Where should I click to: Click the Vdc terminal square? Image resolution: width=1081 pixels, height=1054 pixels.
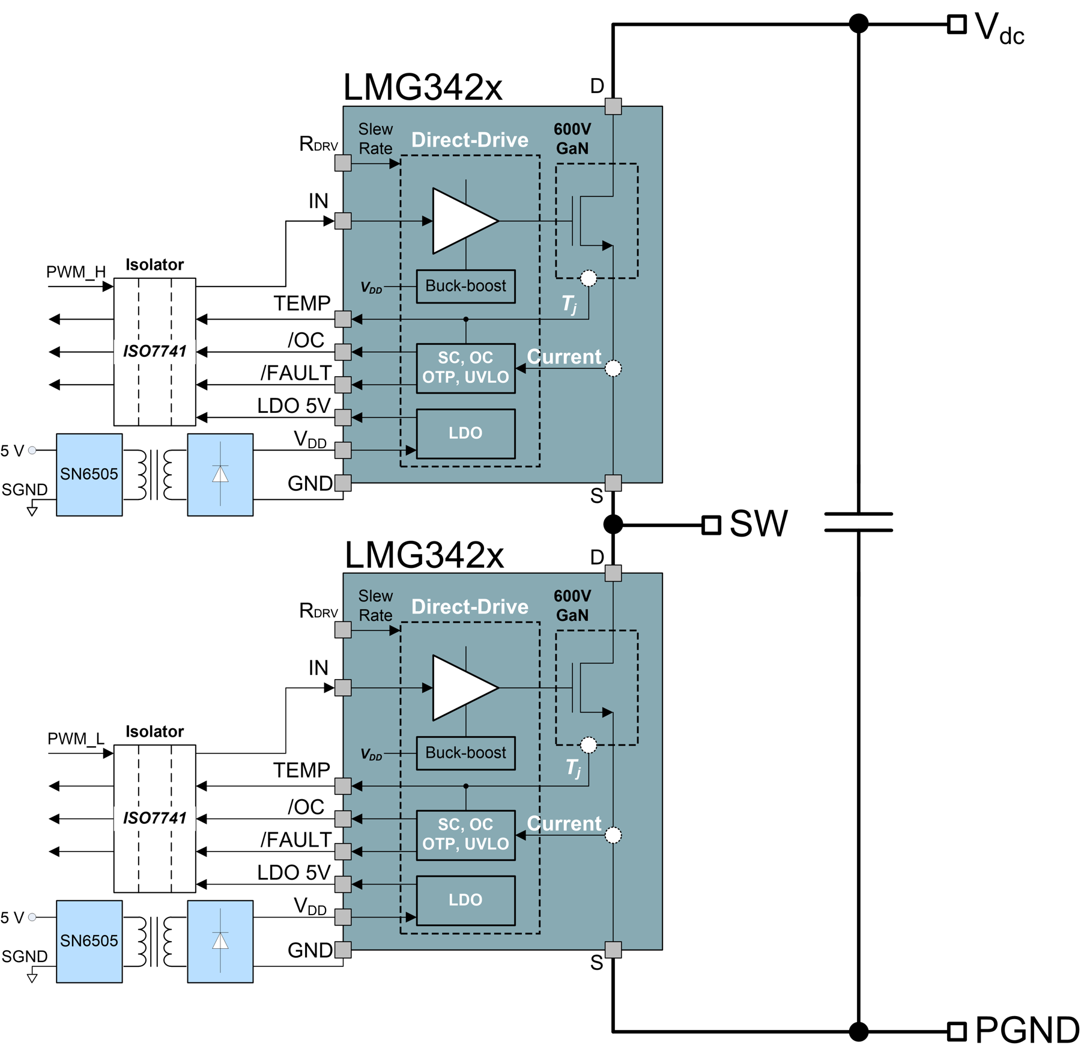[957, 25]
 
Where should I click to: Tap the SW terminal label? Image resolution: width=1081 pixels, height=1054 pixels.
[758, 523]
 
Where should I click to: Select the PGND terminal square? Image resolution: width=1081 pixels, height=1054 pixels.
[957, 1032]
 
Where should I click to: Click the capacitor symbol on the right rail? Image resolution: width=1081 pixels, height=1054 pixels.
[858, 522]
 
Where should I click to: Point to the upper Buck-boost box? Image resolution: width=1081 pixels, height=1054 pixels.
[465, 286]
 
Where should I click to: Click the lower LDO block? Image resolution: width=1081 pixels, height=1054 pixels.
[465, 900]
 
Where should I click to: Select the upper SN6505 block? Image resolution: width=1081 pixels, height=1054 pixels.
[89, 475]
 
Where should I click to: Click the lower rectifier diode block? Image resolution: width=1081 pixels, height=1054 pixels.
[220, 941]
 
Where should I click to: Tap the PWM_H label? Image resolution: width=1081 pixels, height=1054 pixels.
[76, 272]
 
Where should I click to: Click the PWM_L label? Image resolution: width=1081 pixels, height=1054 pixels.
[76, 739]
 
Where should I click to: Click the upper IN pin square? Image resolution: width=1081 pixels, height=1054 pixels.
[343, 221]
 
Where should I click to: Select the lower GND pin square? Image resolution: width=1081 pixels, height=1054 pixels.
[343, 950]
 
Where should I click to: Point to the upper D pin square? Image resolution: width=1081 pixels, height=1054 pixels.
[613, 106]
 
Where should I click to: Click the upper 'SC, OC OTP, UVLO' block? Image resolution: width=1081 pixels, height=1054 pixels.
[465, 368]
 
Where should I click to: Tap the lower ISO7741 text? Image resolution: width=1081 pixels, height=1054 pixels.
[155, 818]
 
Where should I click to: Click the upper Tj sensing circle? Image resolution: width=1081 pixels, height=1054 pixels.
[589, 278]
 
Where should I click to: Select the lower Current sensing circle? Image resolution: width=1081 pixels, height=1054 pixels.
[613, 835]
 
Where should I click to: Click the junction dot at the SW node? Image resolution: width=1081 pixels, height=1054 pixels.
[613, 524]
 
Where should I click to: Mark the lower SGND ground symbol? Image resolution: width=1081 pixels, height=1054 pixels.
[32, 978]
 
